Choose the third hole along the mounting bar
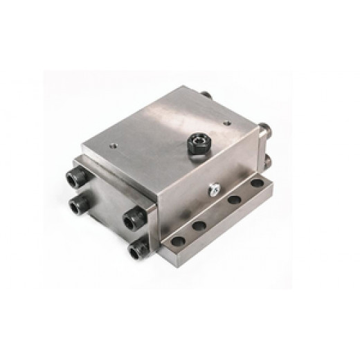pyautogui.click(x=233, y=201)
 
